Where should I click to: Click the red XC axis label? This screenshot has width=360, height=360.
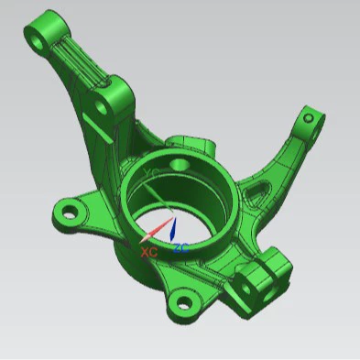[149, 250]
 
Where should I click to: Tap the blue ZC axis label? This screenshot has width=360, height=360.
[181, 248]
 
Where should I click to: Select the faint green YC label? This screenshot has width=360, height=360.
[152, 171]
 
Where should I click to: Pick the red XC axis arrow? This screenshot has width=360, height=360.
[158, 229]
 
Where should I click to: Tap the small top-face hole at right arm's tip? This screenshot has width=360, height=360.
[309, 117]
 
